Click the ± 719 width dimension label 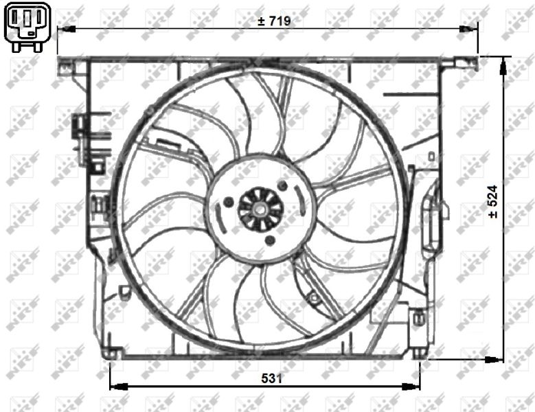pos(274,21)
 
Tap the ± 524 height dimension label pos(493,202)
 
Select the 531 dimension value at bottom pos(272,378)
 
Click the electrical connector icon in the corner pos(27,27)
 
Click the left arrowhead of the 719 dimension pos(66,29)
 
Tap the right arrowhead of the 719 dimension pos(468,29)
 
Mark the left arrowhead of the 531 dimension pos(118,387)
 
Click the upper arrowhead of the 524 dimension pos(503,66)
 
